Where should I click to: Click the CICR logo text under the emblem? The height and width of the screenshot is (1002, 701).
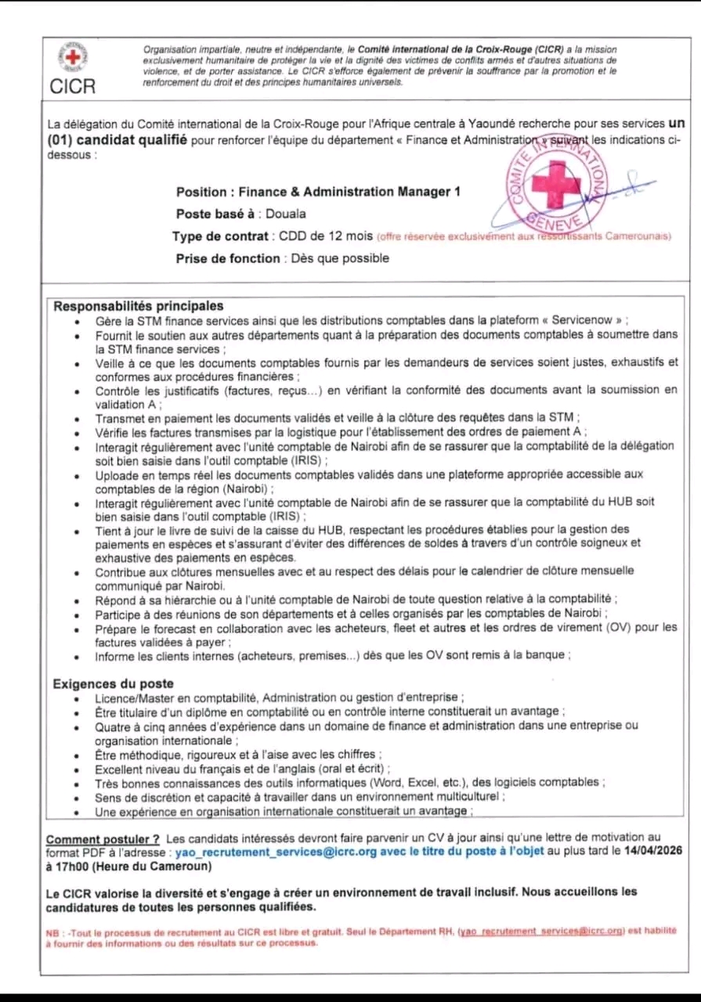[73, 86]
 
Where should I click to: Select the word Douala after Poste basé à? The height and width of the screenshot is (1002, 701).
[286, 214]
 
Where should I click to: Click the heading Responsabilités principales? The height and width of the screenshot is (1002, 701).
[138, 306]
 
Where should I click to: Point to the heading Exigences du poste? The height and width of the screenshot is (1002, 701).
[113, 683]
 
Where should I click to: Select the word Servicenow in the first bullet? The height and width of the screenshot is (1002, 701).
[585, 320]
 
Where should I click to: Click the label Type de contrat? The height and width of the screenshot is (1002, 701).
[219, 236]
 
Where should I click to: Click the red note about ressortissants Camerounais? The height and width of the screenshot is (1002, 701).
[524, 236]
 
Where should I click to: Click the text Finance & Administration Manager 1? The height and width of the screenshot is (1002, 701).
[349, 192]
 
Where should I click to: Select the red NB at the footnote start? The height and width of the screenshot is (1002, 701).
[52, 932]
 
